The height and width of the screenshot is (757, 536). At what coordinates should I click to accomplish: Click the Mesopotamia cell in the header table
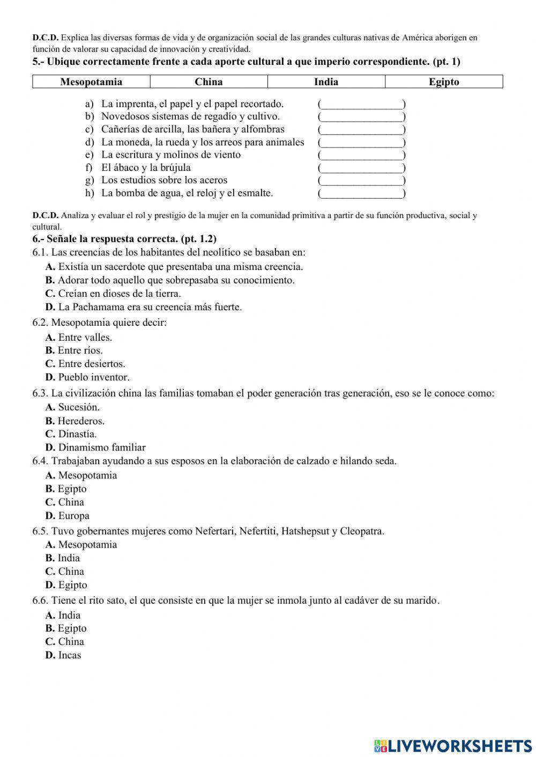(91, 82)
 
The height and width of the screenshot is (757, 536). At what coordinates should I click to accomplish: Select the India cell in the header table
(326, 82)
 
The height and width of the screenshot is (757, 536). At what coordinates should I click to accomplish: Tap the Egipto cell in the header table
(444, 82)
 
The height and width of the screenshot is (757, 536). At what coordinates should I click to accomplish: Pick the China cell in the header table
(209, 82)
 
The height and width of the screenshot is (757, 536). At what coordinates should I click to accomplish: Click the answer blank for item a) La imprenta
(361, 104)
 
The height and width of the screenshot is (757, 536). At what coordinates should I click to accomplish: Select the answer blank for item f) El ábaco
(361, 168)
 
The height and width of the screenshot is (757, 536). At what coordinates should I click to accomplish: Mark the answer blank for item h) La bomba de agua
(361, 193)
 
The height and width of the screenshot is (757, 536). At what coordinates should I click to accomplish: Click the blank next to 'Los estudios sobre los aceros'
(361, 181)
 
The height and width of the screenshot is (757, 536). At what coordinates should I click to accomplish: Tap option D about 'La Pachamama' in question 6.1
(144, 307)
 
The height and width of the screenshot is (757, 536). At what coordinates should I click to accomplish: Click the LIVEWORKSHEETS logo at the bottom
(453, 745)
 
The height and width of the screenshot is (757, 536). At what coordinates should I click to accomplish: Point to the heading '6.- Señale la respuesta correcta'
(124, 239)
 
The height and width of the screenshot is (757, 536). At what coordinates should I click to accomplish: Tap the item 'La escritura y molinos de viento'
(170, 155)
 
